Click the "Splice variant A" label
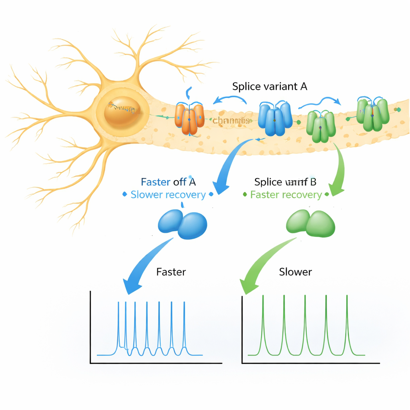pyautogui.click(x=269, y=86)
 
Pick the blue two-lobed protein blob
pyautogui.click(x=183, y=223)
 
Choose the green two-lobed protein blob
pyautogui.click(x=311, y=223)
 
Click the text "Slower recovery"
pyautogui.click(x=168, y=195)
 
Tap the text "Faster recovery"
pyautogui.click(x=286, y=195)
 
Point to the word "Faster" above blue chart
pyautogui.click(x=171, y=272)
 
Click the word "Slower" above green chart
pyautogui.click(x=295, y=272)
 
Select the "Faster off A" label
pyautogui.click(x=168, y=182)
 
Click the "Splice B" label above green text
pyautogui.click(x=285, y=182)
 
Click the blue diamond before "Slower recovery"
pyautogui.click(x=124, y=195)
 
